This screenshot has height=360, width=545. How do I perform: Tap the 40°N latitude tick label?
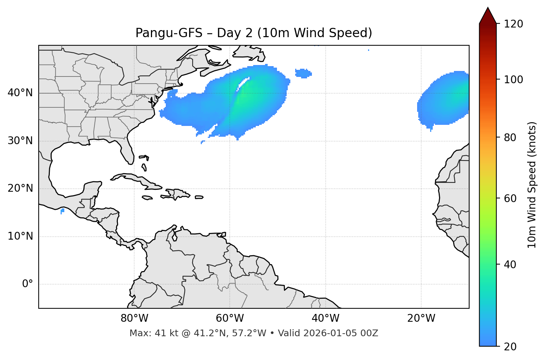coord(20,93)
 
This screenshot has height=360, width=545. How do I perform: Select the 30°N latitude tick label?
coord(20,141)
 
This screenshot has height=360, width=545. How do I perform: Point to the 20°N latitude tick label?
coord(20,188)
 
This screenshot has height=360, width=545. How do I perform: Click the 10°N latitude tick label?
coord(20,236)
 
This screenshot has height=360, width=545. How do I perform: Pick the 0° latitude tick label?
coord(28,284)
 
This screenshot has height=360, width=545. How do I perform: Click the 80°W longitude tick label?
coord(134,318)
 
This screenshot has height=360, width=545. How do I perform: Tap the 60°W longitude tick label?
coord(230,318)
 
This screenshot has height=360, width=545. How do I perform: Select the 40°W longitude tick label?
coord(325,318)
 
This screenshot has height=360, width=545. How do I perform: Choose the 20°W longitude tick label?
coord(421,318)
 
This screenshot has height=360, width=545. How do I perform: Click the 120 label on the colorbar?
coord(513,24)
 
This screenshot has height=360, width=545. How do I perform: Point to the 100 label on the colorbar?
coord(513,80)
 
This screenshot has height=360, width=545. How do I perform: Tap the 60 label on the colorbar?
coord(511,198)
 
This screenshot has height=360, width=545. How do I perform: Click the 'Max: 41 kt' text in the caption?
coord(146,333)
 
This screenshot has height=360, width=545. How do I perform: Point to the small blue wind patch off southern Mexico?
coord(62,211)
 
